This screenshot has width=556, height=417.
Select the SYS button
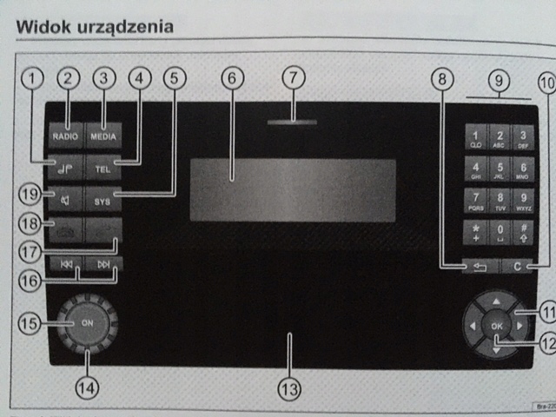(x=103, y=199)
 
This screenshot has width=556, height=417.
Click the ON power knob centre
(x=88, y=321)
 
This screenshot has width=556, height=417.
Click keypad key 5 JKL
(x=500, y=169)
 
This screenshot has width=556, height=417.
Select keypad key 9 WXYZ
(x=523, y=201)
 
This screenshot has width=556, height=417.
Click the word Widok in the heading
(x=44, y=26)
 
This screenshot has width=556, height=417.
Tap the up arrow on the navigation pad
(x=496, y=301)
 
